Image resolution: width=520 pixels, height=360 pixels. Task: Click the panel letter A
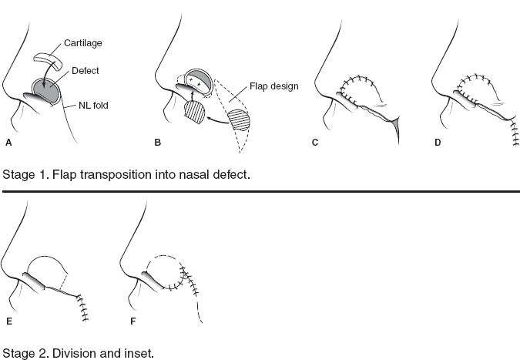click(8, 143)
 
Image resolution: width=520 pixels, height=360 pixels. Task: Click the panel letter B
click(159, 143)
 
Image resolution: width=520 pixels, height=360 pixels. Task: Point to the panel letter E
click(8, 317)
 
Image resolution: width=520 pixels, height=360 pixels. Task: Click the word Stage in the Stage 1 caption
click(18, 174)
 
